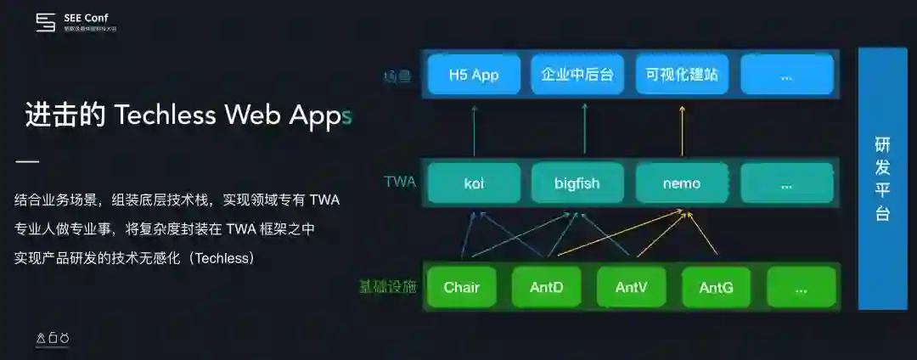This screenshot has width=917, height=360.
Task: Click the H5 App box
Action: point(474,75)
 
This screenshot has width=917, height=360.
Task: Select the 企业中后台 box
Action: point(577,75)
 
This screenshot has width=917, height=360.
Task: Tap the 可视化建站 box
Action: point(682,75)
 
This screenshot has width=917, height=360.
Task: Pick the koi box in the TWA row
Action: point(474,183)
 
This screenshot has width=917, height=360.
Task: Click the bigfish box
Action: point(577,183)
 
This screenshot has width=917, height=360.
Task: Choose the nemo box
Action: point(682,183)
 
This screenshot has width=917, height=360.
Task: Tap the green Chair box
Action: point(462,287)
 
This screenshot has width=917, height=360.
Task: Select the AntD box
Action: point(547,287)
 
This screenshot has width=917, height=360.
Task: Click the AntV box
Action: point(632,287)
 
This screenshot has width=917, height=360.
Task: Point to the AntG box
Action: point(717,287)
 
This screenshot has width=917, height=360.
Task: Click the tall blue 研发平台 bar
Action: point(883,178)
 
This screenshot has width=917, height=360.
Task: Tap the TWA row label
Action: point(400,182)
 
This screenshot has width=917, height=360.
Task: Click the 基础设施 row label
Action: point(388,286)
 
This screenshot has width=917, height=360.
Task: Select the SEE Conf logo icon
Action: point(45,23)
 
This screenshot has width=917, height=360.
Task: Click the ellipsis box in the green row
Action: point(802,287)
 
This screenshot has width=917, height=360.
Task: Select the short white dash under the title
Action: point(27,162)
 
